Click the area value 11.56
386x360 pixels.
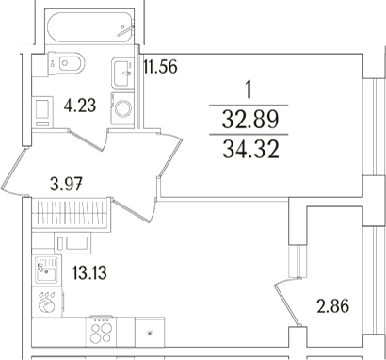pos(160,68)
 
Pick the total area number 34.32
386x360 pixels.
pos(248,147)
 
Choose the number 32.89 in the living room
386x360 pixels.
pos(248,119)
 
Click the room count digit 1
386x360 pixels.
pos(248,91)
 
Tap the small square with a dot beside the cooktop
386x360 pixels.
pos(150,333)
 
